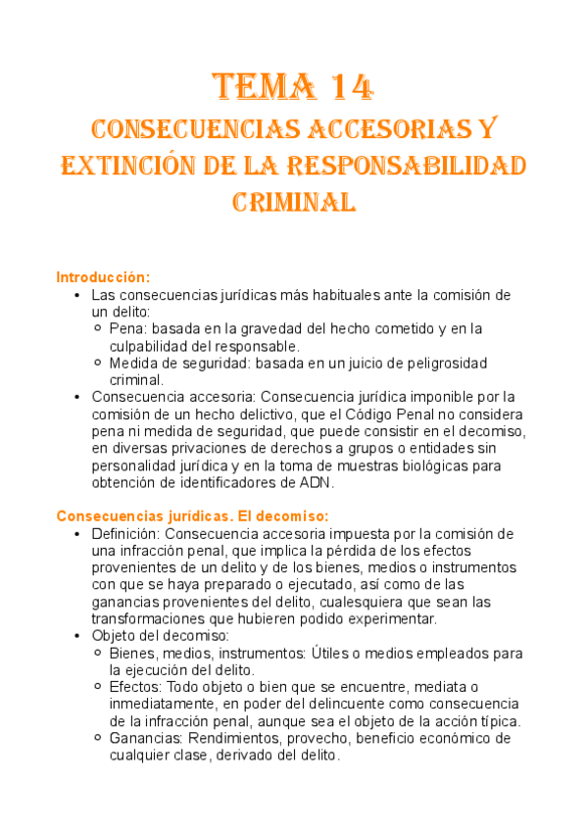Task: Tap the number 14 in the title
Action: pyautogui.click(x=348, y=88)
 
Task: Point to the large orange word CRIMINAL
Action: pyautogui.click(x=293, y=201)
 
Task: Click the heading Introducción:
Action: pyautogui.click(x=103, y=276)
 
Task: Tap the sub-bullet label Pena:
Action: pyautogui.click(x=129, y=329)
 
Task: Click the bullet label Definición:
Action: pyautogui.click(x=126, y=534)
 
